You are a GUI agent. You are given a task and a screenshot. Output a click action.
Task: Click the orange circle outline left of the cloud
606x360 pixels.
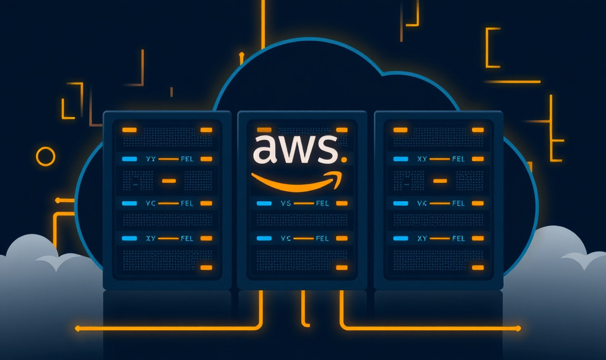coord(46,156)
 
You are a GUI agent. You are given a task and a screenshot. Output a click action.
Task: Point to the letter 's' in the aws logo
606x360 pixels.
coord(326,150)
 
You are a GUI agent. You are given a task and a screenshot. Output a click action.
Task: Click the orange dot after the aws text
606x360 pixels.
coord(343,160)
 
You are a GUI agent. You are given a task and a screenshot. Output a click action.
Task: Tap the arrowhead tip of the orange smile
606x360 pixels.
coord(342,175)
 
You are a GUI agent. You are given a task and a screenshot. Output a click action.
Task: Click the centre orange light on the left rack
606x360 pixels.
coord(169,181)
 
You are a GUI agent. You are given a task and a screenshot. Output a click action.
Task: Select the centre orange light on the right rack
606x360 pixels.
coord(439,181)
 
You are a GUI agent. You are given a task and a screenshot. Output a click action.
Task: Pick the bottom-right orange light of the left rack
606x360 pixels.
coord(206,268)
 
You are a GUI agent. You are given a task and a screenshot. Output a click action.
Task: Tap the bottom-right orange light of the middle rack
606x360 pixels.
coord(341,268)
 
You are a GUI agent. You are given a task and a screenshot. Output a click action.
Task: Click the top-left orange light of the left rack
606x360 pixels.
coord(128,130)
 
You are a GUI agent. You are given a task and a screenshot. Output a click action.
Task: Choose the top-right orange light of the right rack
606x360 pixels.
coord(477,130)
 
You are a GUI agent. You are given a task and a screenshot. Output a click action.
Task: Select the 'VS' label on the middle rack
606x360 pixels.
coord(286,203)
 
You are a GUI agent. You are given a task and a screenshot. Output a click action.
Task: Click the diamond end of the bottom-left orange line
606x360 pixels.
coord(77,327)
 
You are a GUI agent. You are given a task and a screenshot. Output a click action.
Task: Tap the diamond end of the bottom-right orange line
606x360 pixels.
coord(519,327)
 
